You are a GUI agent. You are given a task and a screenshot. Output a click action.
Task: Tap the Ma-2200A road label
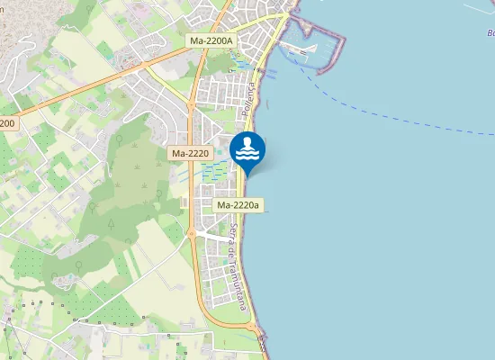(211, 40)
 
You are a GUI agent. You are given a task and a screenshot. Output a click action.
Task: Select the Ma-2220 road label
(190, 154)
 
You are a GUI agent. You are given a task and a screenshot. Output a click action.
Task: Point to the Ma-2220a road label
(238, 205)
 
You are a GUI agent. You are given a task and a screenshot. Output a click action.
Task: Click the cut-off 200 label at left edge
(7, 122)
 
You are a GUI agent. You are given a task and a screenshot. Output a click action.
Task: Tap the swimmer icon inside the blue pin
(247, 148)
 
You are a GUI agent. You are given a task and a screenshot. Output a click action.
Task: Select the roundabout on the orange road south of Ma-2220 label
(192, 234)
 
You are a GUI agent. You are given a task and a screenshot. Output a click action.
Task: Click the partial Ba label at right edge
(490, 33)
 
